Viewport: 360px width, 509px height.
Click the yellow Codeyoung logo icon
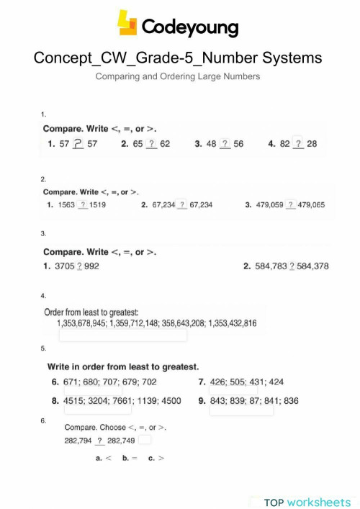click(127, 24)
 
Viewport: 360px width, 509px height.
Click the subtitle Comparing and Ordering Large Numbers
click(178, 76)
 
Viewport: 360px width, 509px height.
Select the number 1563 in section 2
click(67, 205)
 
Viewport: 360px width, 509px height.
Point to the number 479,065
click(312, 205)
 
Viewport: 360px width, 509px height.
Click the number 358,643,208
click(174, 324)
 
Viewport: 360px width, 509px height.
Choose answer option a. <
click(104, 458)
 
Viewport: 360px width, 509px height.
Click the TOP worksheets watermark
click(307, 502)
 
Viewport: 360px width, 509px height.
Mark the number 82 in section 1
click(285, 144)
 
